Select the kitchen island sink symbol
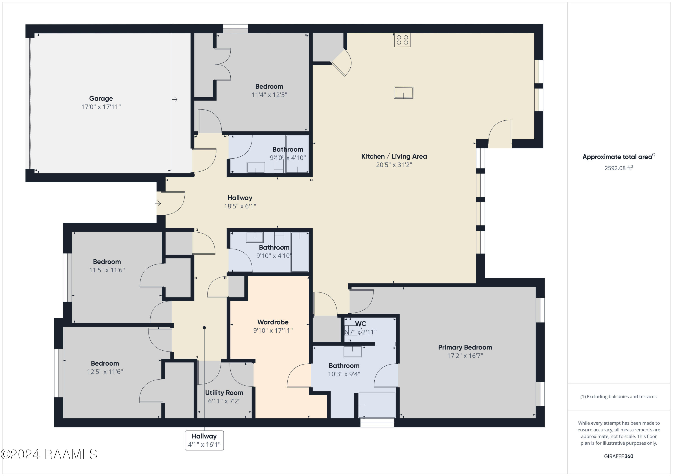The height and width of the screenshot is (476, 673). (403, 93)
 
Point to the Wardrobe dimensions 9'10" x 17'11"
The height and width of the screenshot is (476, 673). (273, 330)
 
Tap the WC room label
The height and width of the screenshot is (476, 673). (360, 324)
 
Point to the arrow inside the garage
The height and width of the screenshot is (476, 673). (175, 100)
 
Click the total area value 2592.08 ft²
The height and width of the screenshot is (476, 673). (618, 168)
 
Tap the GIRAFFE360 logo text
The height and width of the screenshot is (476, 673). (618, 456)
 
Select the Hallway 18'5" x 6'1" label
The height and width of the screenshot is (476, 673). (240, 198)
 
